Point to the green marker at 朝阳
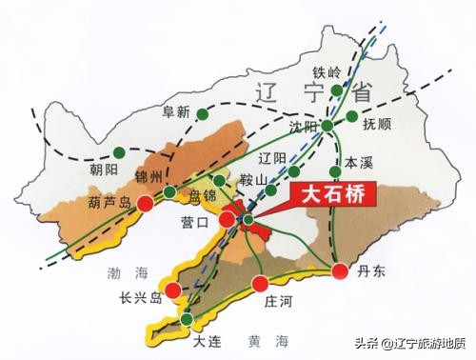[120, 152]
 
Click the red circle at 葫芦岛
[146, 202]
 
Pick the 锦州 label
[151, 175]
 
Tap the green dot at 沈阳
[327, 126]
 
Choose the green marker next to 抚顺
[353, 119]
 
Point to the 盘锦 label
[202, 197]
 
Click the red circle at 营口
[228, 220]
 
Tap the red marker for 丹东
[340, 271]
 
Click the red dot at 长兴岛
[172, 290]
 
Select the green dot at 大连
[188, 319]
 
